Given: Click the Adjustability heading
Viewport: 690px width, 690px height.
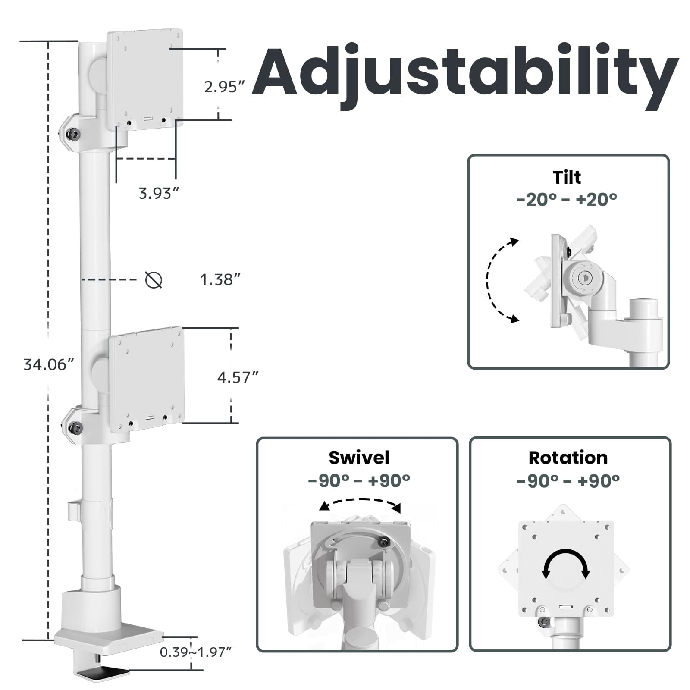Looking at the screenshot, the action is point(465,75).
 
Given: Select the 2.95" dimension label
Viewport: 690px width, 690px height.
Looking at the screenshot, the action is point(225,87).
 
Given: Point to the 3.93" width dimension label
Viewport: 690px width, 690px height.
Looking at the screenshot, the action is point(159,193).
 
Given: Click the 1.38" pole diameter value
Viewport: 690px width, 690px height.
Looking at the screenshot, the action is point(220,279).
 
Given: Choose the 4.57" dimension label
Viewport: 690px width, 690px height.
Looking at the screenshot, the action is point(238,378).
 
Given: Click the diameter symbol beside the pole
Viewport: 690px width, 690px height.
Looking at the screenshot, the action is point(154,280).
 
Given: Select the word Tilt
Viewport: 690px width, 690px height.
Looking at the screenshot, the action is point(567,177).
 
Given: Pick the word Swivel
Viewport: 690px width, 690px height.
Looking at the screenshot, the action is point(359,458).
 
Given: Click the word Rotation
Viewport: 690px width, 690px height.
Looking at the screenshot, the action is point(568,458).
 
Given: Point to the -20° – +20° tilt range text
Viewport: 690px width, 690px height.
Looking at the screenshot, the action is point(567,199).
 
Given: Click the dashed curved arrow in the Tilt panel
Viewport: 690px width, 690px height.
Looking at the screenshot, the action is point(488,280).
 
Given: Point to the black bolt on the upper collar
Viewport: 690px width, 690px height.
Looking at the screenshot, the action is point(73,135).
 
